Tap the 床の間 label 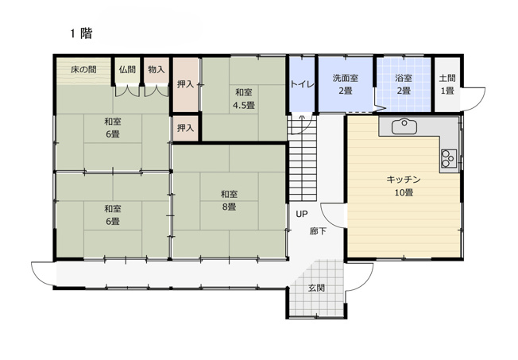pyautogui.click(x=83, y=70)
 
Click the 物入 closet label pyautogui.click(x=156, y=70)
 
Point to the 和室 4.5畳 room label pyautogui.click(x=243, y=98)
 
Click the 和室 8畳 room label pyautogui.click(x=229, y=200)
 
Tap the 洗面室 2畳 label pyautogui.click(x=346, y=84)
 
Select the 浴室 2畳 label pyautogui.click(x=404, y=84)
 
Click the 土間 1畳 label pyautogui.click(x=447, y=84)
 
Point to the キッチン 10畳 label pyautogui.click(x=403, y=185)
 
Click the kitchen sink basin pyautogui.click(x=405, y=125)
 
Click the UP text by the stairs pyautogui.click(x=302, y=214)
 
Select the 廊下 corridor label pyautogui.click(x=318, y=231)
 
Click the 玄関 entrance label pyautogui.click(x=316, y=288)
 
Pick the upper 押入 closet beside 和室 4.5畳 pyautogui.click(x=184, y=83)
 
